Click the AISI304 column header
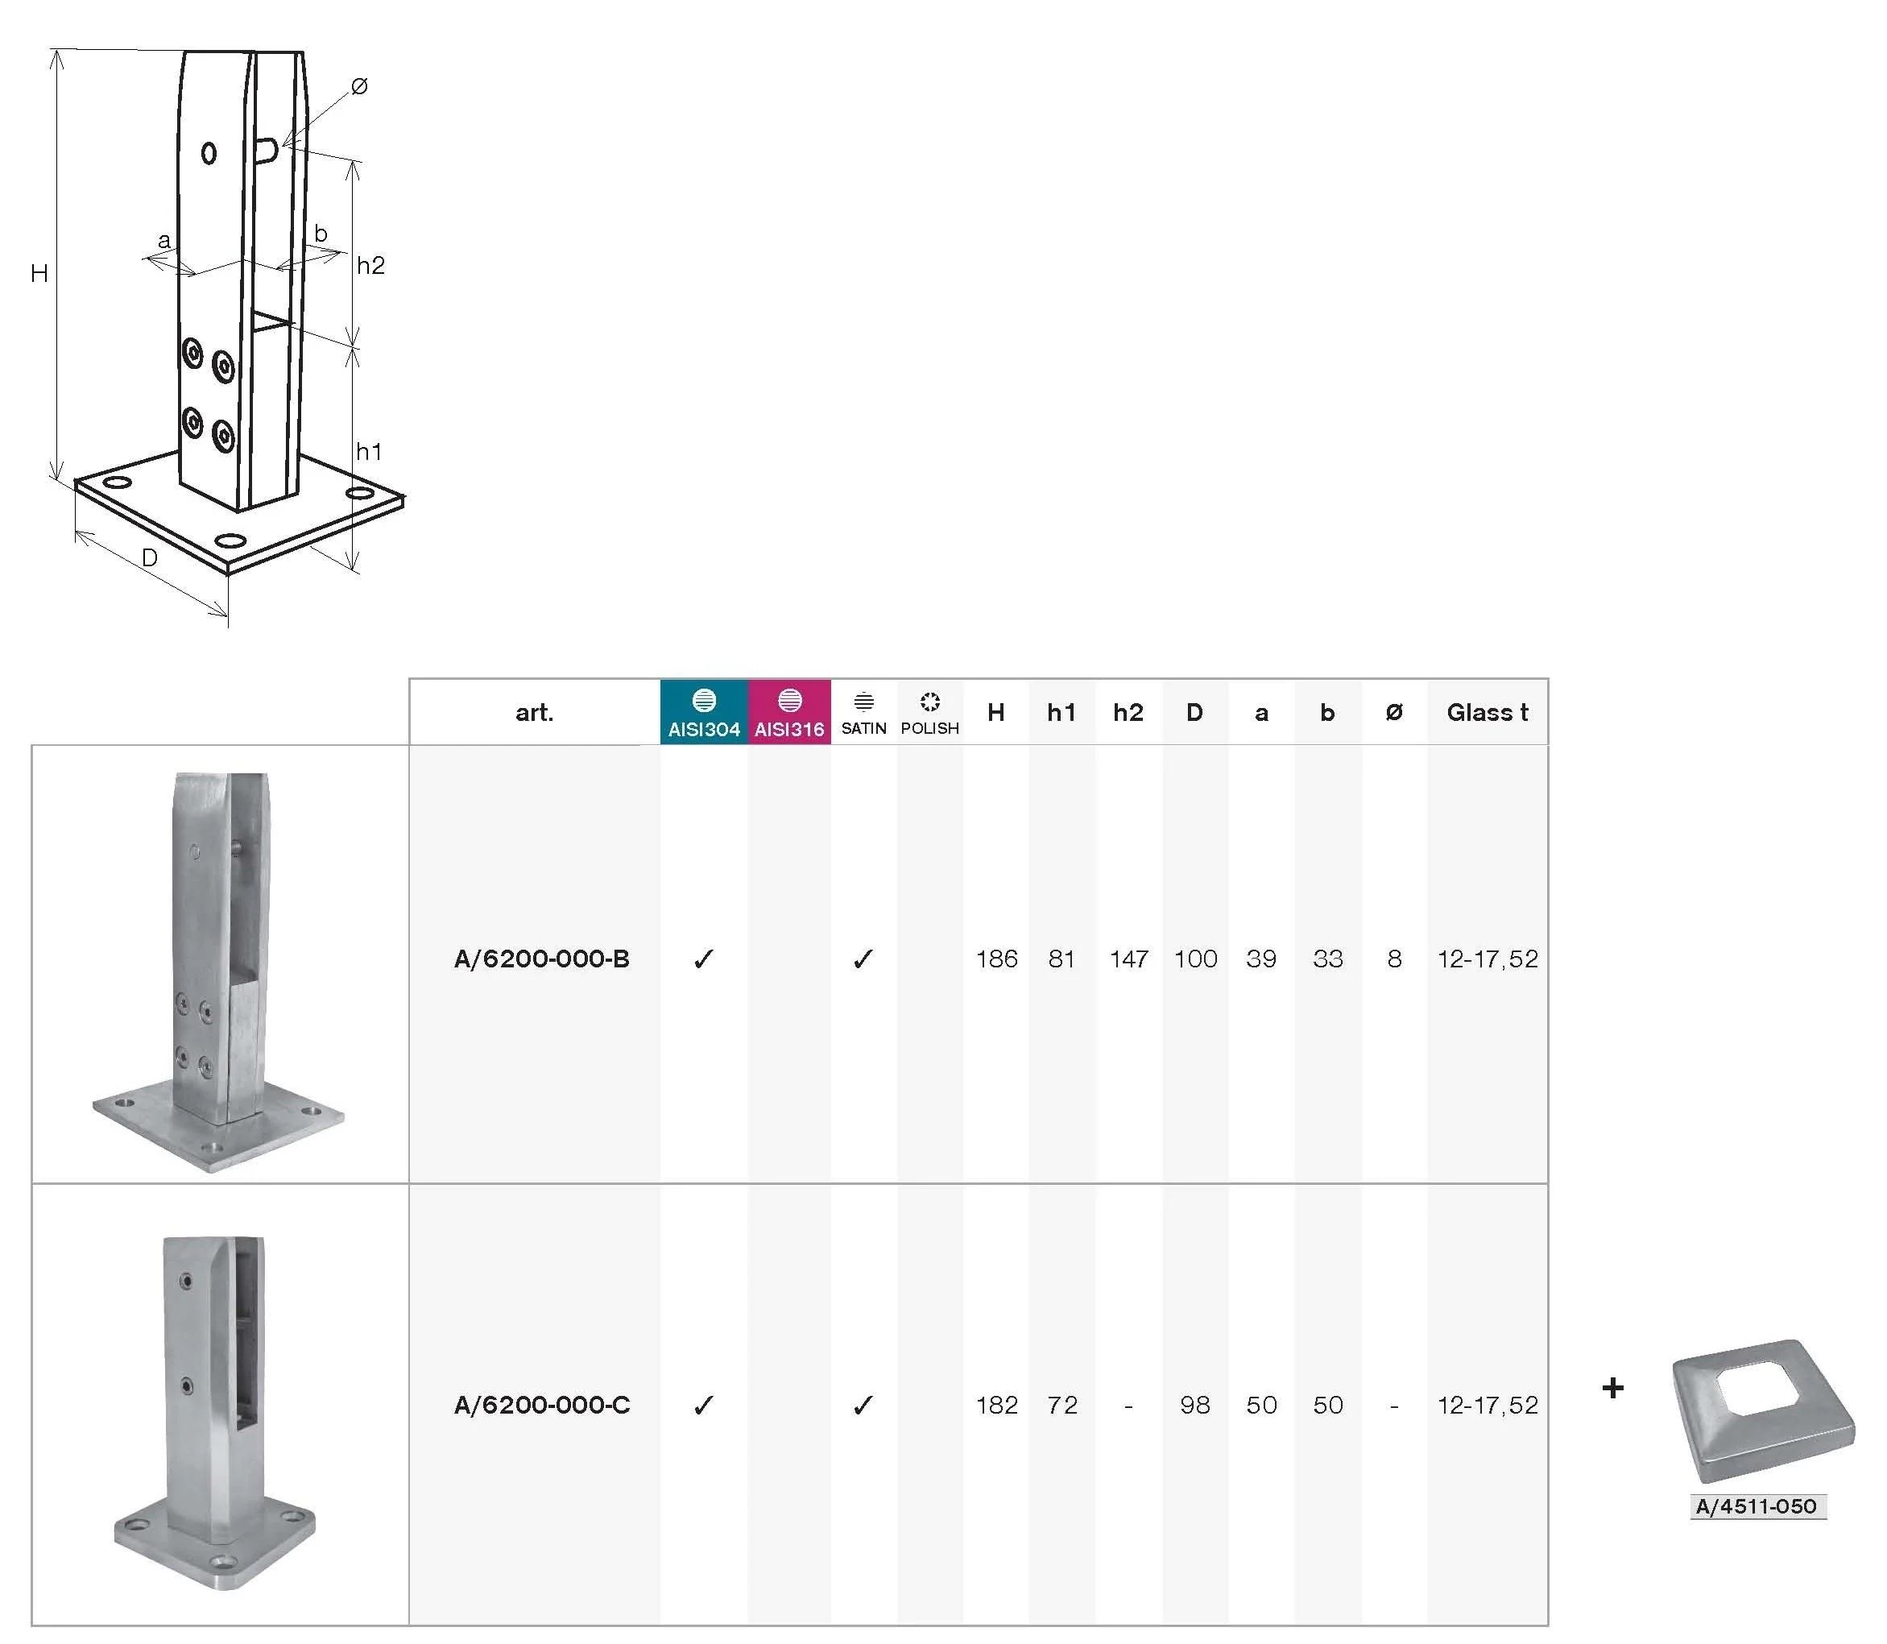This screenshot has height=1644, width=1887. (x=704, y=712)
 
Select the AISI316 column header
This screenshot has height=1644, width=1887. (x=789, y=712)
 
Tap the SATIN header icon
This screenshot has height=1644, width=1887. (x=863, y=702)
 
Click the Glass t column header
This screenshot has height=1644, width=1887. (x=1487, y=712)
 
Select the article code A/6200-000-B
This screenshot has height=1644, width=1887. (x=541, y=959)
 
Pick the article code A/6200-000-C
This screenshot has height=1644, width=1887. (x=541, y=1405)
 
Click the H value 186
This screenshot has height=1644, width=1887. (x=996, y=959)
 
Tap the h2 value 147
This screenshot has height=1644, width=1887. (x=1128, y=959)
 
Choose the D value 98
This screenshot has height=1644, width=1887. (x=1194, y=1405)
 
